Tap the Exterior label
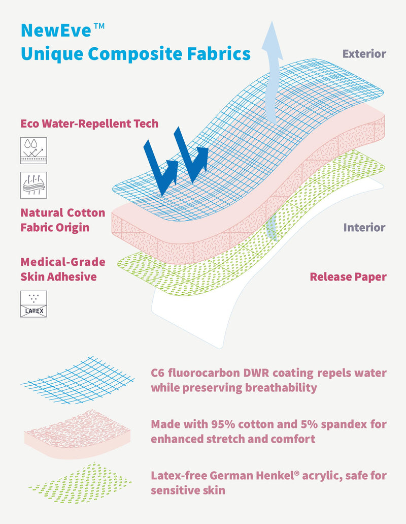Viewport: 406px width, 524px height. pos(364,53)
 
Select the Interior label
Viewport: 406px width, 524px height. pos(364,227)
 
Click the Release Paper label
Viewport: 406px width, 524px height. pos(348,277)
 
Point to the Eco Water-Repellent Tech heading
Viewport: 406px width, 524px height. pos(89,124)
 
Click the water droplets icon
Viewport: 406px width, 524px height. pos(33,150)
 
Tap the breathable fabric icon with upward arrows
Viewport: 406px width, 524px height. pos(33,185)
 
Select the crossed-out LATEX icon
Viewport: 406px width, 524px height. pos(33,304)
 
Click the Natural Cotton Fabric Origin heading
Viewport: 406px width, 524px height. pos(62,220)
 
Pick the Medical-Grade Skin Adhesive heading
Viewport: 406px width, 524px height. pos(62,269)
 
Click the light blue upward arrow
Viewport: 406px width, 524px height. pos(274,71)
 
